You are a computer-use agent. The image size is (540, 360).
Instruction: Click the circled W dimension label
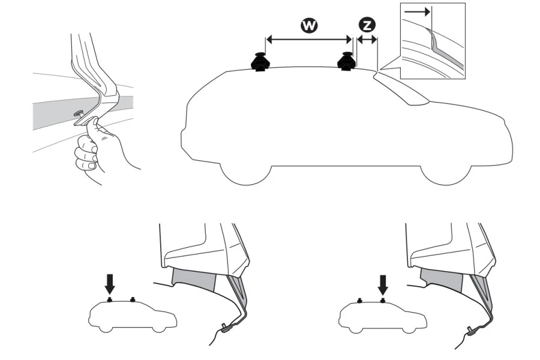pyautogui.click(x=310, y=25)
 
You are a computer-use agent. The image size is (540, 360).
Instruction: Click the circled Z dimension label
pyautogui.click(x=365, y=25)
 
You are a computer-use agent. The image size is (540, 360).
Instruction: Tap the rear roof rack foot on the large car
pyautogui.click(x=347, y=61)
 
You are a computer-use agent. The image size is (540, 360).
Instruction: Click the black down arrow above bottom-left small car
pyautogui.click(x=109, y=281)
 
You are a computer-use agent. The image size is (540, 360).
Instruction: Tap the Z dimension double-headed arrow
pyautogui.click(x=366, y=40)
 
